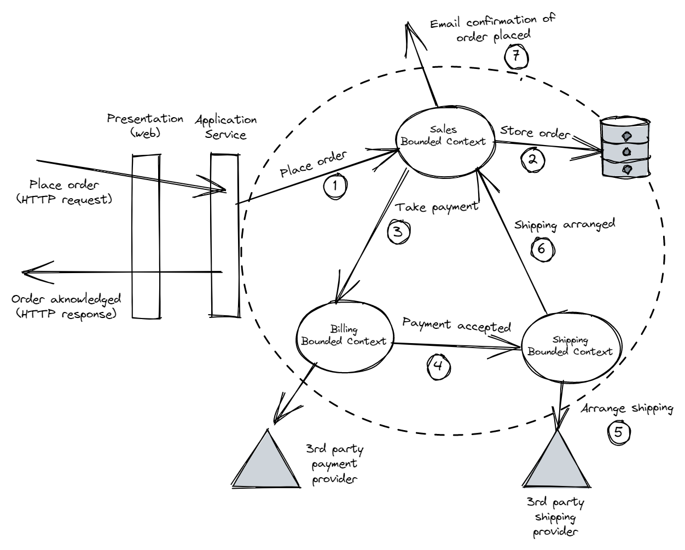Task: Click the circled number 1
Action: [335, 185]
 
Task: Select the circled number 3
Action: [398, 231]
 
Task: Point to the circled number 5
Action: [618, 432]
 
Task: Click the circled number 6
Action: [542, 248]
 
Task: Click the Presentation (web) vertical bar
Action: [146, 235]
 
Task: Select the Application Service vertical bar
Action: [225, 235]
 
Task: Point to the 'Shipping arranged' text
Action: [565, 224]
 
